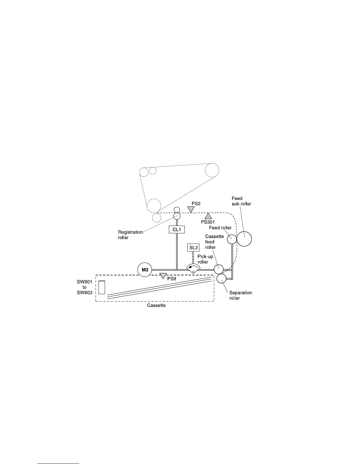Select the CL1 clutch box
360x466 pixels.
point(176,229)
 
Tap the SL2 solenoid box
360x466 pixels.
point(193,248)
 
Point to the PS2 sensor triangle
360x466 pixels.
point(191,209)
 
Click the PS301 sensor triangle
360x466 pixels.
point(208,216)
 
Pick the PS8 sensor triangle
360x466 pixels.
point(163,276)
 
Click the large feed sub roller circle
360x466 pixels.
point(244,239)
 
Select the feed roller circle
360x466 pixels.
point(231,239)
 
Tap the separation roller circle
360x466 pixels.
point(221,278)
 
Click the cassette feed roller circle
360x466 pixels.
point(219,269)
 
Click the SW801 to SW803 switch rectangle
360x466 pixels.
point(102,287)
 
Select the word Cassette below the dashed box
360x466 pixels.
point(156,305)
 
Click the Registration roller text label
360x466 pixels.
point(130,234)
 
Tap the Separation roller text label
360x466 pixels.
point(240,295)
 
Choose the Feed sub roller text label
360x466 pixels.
point(241,201)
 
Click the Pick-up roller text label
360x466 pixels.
point(205,259)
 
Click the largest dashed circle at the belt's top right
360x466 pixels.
point(212,170)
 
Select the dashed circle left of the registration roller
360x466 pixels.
point(156,218)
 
